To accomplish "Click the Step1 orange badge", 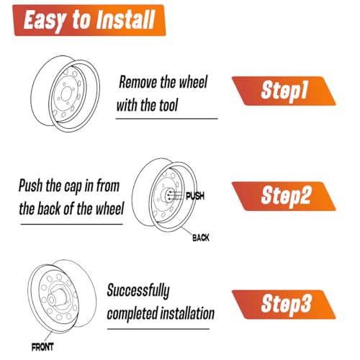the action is pyautogui.click(x=284, y=91).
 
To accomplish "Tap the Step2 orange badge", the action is pyautogui.click(x=284, y=197).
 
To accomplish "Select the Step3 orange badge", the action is pyautogui.click(x=284, y=305).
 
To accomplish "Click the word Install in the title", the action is pyautogui.click(x=125, y=19).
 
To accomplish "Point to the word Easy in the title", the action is pyautogui.click(x=45, y=21).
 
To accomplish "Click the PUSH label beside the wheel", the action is pyautogui.click(x=195, y=196).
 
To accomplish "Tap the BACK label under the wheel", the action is pyautogui.click(x=201, y=238).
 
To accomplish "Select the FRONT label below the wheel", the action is pyautogui.click(x=42, y=347).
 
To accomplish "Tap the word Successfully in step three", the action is pyautogui.click(x=138, y=291).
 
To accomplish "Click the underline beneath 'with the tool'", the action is pyautogui.click(x=166, y=119).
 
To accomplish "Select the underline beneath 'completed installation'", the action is pyautogui.click(x=158, y=329).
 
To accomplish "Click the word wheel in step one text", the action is pyautogui.click(x=193, y=82).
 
